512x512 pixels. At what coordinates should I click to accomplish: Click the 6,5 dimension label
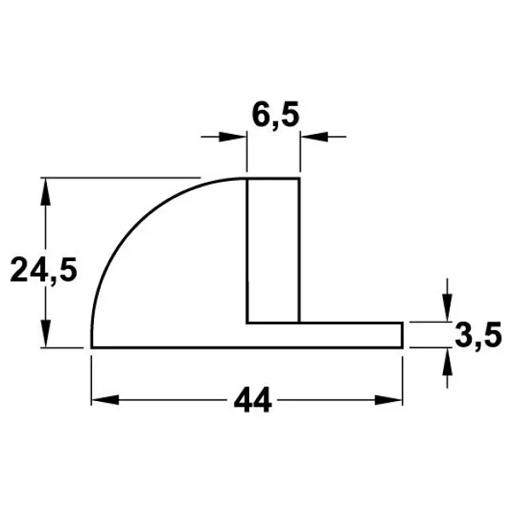click(x=276, y=115)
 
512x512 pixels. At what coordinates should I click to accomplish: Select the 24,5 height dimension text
click(x=44, y=270)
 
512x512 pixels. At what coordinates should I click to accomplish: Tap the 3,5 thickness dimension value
click(x=478, y=335)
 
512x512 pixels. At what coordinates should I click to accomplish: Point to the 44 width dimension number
click(x=253, y=400)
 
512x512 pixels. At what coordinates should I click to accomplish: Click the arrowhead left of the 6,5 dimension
click(x=232, y=137)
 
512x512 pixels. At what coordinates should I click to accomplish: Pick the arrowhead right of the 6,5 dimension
click(x=314, y=137)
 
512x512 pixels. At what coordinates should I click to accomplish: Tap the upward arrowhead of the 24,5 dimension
click(x=46, y=192)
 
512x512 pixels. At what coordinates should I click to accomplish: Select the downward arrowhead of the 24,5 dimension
click(x=46, y=334)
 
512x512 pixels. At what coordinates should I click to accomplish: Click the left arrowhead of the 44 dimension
click(x=105, y=399)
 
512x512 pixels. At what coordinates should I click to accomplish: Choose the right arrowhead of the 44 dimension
click(x=388, y=399)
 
